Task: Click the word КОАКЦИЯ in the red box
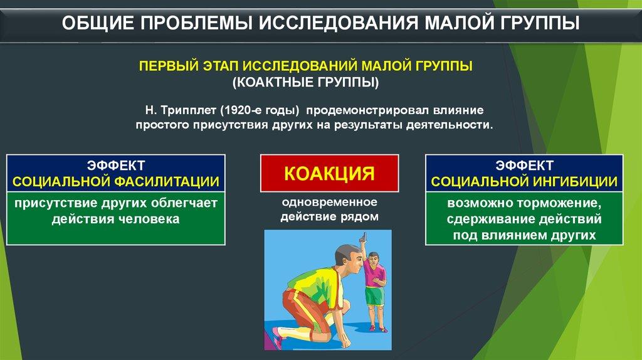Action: [329, 173]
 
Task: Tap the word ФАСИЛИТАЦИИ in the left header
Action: [166, 181]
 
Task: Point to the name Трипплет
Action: [188, 110]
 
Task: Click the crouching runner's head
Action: [349, 257]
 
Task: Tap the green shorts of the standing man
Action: [374, 296]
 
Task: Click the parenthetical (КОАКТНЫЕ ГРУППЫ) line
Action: [306, 82]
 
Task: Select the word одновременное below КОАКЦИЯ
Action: [330, 203]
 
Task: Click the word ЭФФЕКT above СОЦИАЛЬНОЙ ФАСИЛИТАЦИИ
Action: [116, 166]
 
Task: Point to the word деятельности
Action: [450, 125]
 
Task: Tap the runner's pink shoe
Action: [276, 337]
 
